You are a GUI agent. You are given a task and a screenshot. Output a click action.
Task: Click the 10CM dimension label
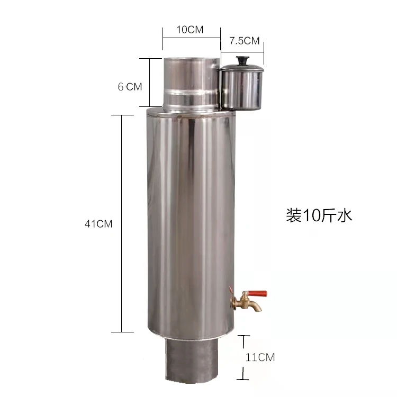tap(190, 30)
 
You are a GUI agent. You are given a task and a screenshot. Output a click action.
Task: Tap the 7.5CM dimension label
tap(244, 41)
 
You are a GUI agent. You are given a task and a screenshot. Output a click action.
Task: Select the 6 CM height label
tap(130, 87)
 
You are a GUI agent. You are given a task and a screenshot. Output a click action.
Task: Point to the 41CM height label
tap(98, 224)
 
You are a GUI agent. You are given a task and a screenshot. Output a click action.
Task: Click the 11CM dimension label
tap(260, 357)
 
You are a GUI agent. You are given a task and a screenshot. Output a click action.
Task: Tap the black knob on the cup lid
tap(243, 59)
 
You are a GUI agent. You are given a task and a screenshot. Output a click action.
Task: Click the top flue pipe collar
tap(191, 74)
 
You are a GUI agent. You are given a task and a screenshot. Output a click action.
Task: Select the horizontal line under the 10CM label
tap(191, 38)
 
